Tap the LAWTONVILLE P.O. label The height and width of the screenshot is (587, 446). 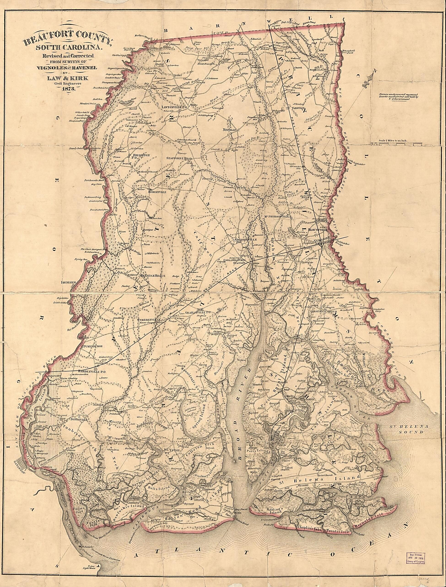coord(175,107)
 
